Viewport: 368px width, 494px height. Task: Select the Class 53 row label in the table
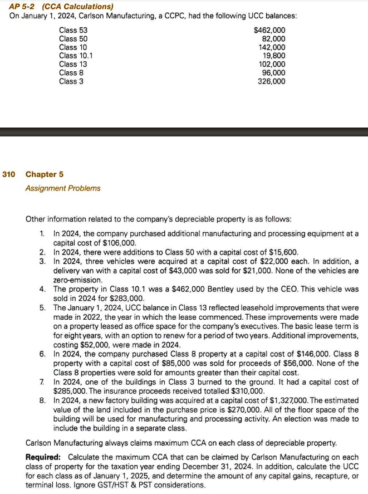click(73, 30)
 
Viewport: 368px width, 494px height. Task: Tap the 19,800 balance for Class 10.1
click(273, 56)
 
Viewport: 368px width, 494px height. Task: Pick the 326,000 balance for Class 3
click(271, 81)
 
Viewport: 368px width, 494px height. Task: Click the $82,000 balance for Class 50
click(273, 39)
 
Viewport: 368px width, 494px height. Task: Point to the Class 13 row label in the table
click(73, 65)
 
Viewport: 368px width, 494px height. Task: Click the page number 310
click(8, 174)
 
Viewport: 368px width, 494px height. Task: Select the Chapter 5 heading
click(45, 174)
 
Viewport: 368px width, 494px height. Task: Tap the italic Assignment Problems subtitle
click(63, 188)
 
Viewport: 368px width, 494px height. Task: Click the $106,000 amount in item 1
click(120, 243)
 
